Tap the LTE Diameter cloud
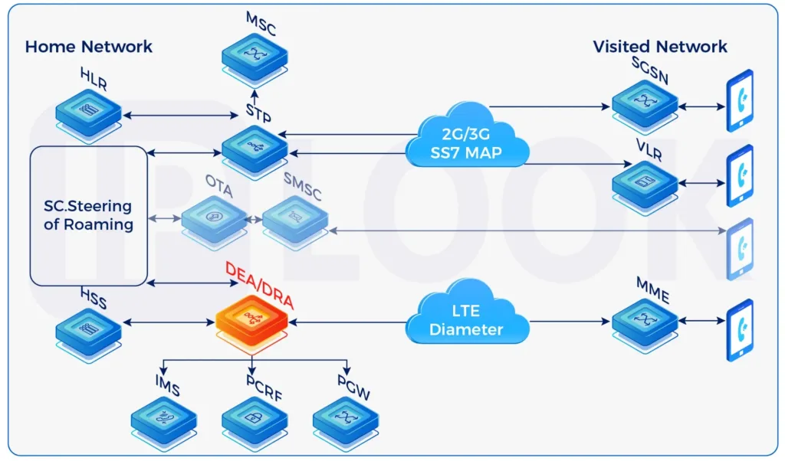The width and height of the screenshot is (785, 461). point(465,322)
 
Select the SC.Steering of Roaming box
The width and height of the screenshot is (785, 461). point(89,216)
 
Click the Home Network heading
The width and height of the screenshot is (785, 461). point(89,46)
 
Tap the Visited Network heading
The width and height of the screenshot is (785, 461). point(659,46)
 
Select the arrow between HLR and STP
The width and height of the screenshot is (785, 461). point(181,116)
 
